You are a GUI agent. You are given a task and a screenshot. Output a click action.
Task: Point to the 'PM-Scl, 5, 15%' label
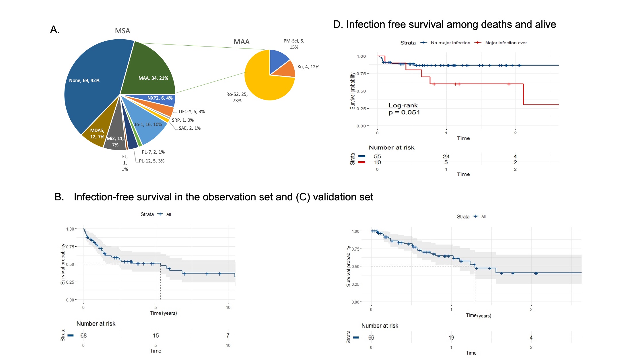point(294,44)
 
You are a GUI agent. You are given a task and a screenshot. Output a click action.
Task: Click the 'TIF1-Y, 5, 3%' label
point(191,111)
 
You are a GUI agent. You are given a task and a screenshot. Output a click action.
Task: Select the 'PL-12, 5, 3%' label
point(151,161)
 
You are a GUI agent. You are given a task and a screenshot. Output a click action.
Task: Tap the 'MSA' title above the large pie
point(123,31)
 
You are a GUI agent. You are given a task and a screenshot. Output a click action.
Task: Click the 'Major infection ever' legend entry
point(506,43)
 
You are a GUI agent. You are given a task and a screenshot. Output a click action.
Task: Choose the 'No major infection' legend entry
point(450,43)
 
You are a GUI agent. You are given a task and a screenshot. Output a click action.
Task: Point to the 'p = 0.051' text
point(404,113)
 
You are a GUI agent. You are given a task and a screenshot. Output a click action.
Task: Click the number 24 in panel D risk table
point(446,156)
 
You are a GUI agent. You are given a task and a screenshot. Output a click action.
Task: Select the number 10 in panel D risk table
point(377,162)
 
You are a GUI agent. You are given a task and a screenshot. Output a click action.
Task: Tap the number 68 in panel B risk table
point(83,336)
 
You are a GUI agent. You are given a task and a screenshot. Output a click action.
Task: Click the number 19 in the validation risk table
point(451,338)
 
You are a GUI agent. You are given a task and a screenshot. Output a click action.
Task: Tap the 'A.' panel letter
point(55,30)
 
